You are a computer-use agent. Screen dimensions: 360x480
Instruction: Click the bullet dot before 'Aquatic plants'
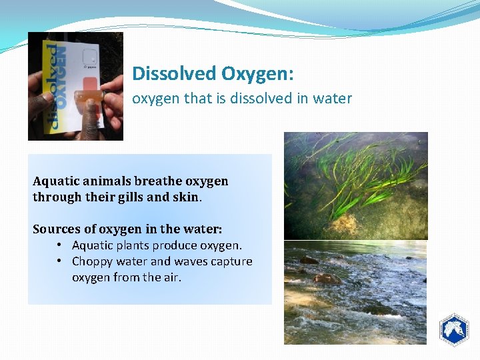point(59,245)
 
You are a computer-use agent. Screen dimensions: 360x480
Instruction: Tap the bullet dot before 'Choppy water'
point(59,261)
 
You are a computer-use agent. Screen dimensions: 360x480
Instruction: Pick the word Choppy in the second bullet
point(93,261)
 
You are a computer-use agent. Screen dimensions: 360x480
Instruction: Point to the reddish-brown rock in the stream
point(327,277)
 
